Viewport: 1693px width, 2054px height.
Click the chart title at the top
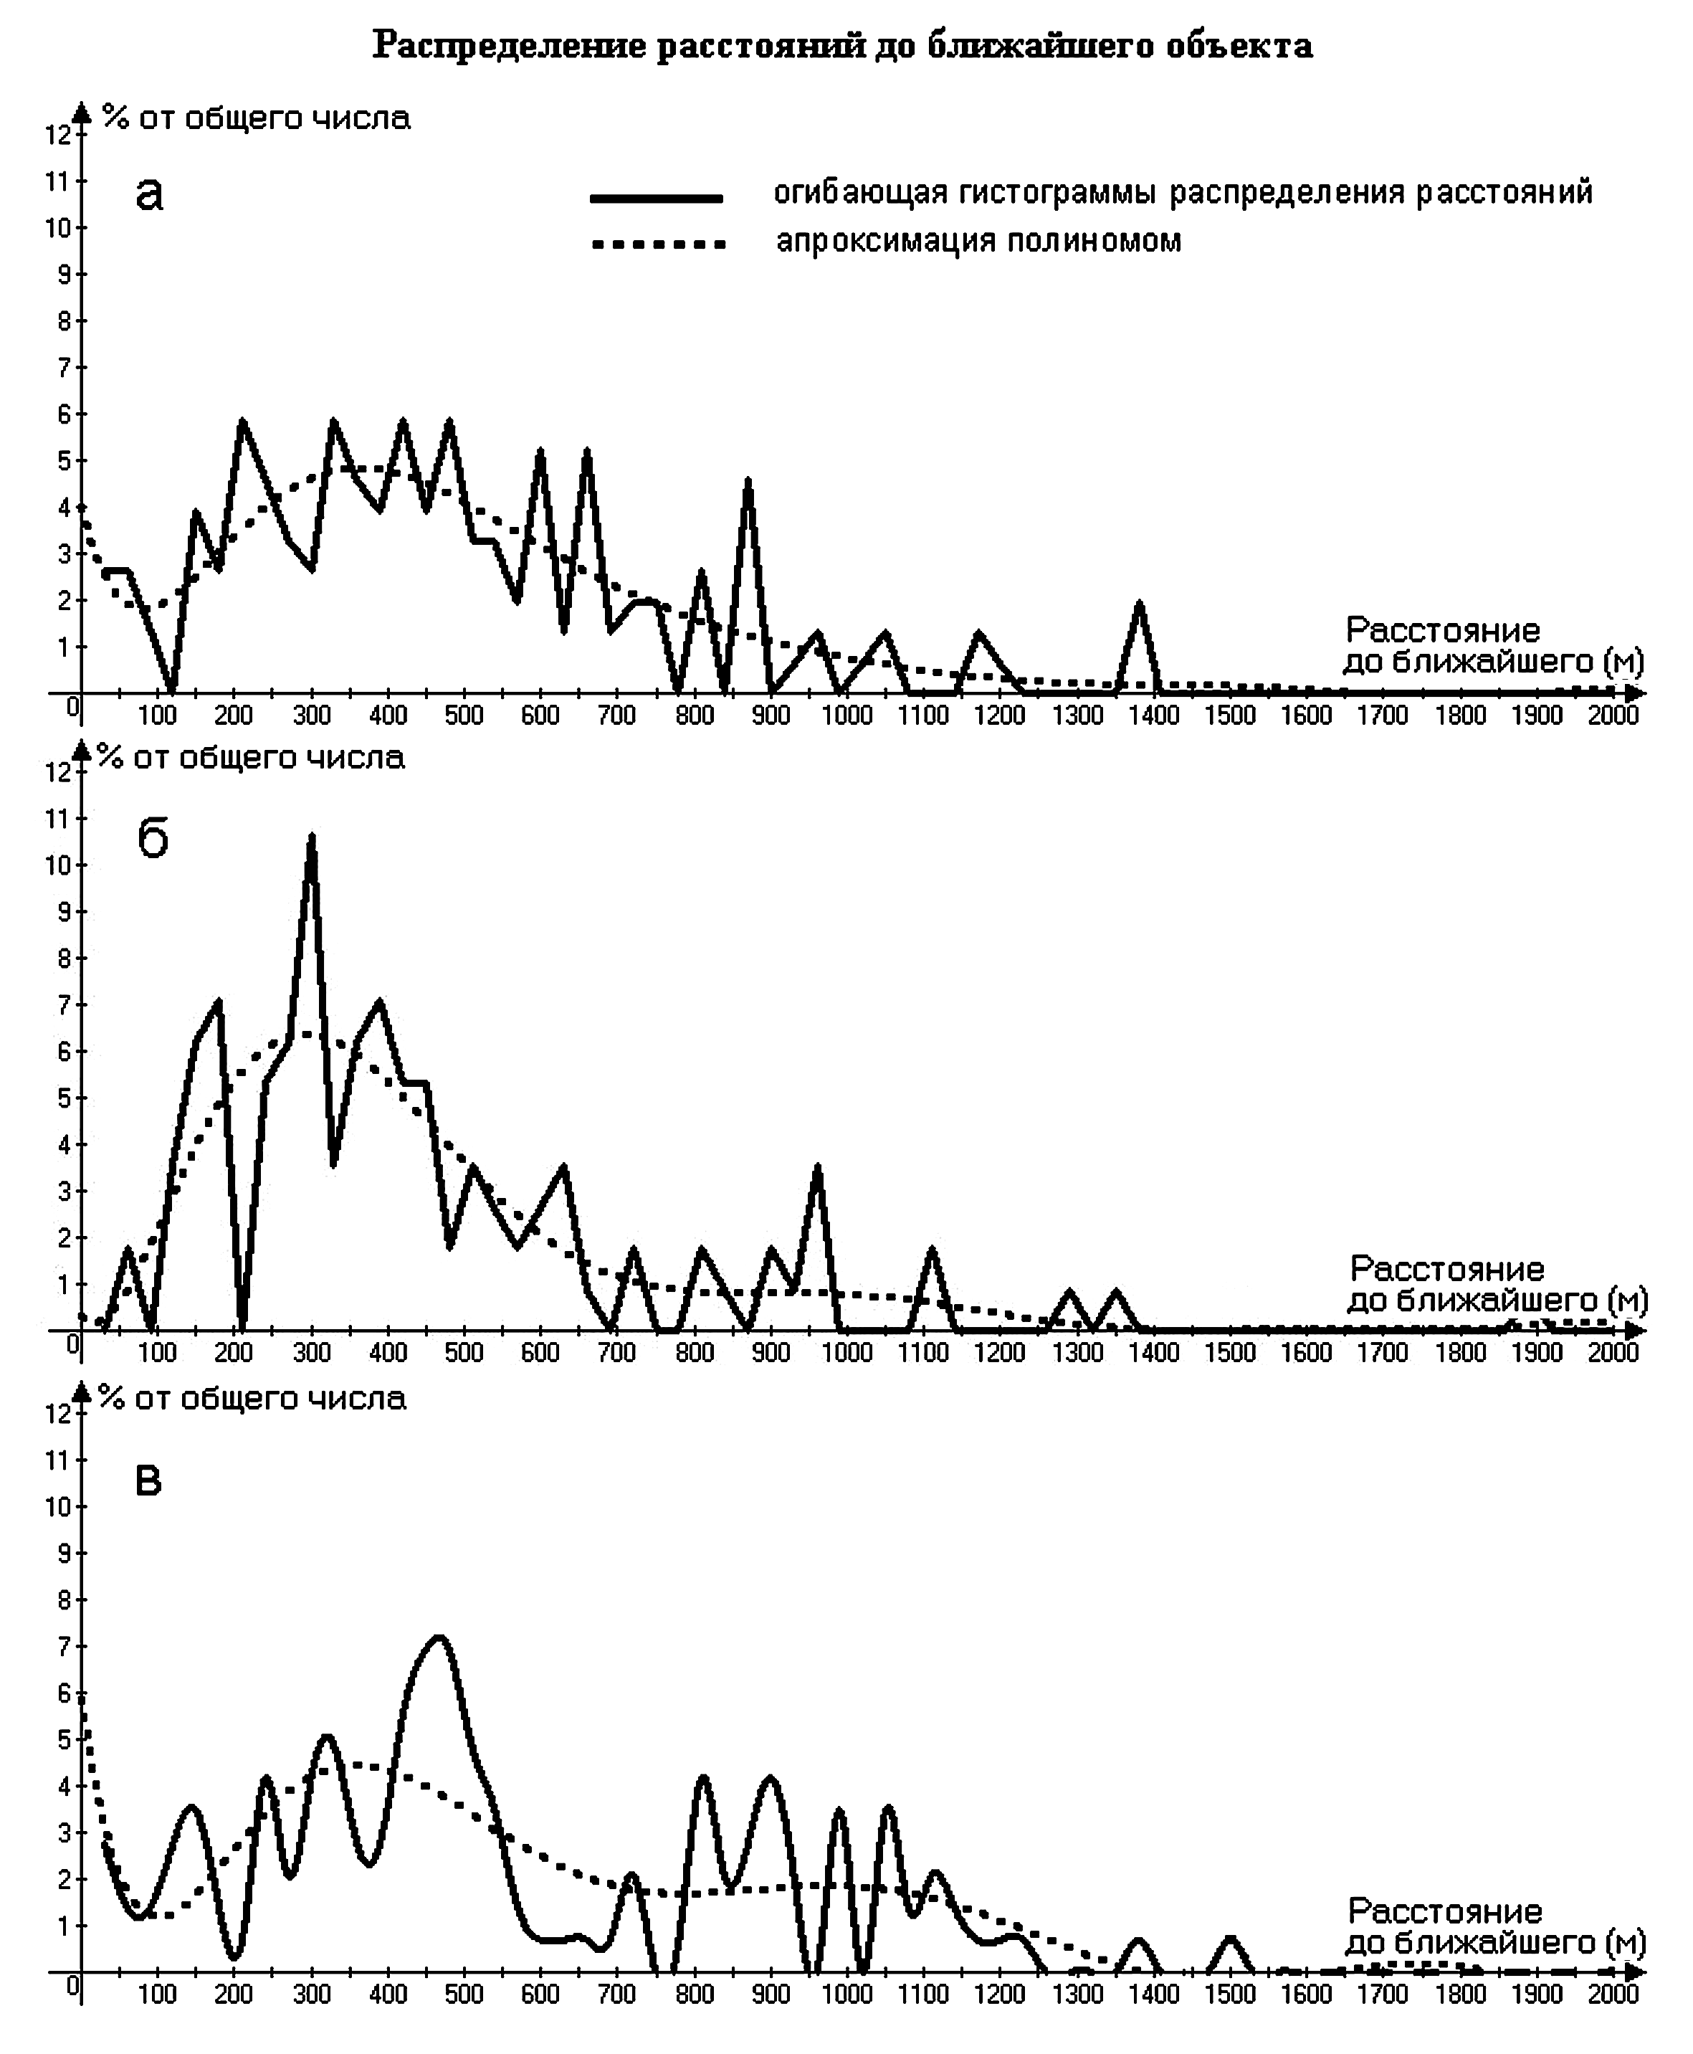843,46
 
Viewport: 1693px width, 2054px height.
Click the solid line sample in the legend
657,198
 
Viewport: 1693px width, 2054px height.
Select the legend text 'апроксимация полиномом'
978,240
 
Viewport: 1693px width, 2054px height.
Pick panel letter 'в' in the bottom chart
148,1480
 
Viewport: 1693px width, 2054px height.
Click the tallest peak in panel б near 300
311,836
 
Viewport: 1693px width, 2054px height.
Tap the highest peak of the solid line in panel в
439,1637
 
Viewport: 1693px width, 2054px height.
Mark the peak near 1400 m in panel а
1138,604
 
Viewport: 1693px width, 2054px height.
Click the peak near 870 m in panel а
747,480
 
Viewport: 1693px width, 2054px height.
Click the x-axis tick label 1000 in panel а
846,716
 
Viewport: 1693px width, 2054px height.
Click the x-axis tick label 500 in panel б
464,1353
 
